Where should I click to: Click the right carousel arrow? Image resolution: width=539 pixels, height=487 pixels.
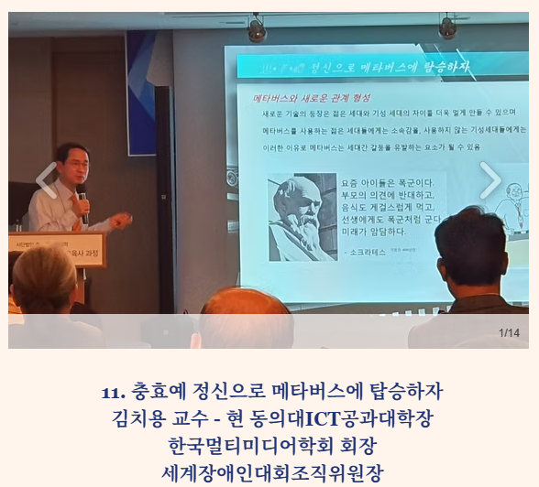(x=491, y=180)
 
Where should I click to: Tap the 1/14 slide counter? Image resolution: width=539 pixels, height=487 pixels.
(x=509, y=332)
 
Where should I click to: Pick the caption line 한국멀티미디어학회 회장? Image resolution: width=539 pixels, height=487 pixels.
(x=271, y=446)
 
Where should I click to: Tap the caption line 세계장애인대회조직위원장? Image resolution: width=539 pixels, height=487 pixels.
(x=271, y=472)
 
